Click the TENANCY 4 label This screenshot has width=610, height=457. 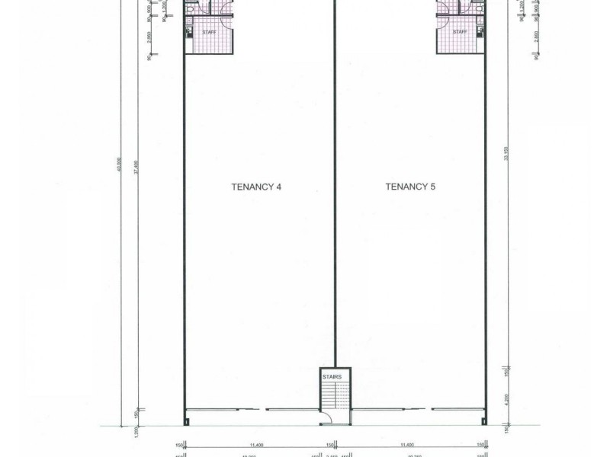tap(257, 186)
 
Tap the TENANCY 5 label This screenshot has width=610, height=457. tap(410, 186)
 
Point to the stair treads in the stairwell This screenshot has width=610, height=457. tap(334, 396)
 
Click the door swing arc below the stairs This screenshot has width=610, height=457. tap(326, 416)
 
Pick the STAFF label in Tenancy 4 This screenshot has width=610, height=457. tap(209, 32)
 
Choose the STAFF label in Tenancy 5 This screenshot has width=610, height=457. tap(460, 32)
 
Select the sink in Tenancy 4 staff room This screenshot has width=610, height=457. tap(189, 30)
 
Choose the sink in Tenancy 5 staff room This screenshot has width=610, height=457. tap(480, 30)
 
